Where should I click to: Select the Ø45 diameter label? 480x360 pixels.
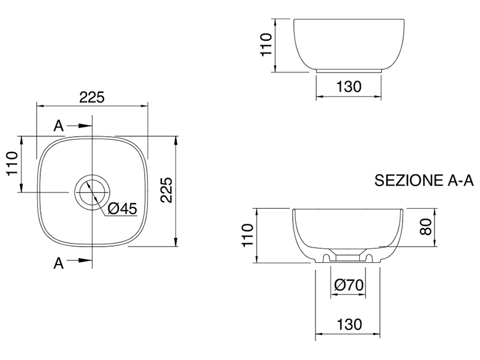click(122, 209)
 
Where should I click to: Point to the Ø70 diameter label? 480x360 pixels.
click(349, 285)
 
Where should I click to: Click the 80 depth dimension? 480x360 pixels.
click(426, 227)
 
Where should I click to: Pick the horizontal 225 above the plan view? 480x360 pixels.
click(92, 97)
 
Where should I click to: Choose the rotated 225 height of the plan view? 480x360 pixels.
click(167, 190)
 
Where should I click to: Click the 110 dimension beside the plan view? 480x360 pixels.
click(13, 163)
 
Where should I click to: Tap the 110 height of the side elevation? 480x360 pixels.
click(266, 44)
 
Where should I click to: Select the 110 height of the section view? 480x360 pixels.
click(248, 235)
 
